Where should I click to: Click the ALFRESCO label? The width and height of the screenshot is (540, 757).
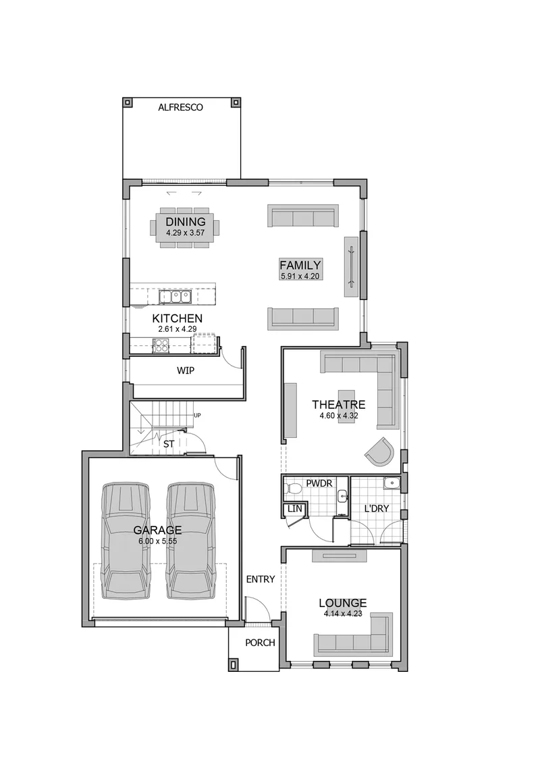181,107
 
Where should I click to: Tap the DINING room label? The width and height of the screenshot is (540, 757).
186,222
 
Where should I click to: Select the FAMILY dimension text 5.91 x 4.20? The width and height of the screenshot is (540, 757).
300,276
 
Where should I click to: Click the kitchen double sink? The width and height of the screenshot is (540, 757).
176,296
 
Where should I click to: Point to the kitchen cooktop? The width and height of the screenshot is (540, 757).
161,345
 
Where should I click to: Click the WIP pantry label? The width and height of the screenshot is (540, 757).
186,371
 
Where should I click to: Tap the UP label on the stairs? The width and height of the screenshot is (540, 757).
196,415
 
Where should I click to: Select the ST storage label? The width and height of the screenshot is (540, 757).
168,443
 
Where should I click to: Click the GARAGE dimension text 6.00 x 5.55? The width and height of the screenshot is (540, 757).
158,541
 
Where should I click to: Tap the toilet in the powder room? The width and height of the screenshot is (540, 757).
292,489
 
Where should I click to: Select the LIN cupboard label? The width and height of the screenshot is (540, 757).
294,509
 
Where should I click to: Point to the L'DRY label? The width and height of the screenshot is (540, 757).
377,508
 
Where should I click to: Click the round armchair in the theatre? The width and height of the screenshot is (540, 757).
381,451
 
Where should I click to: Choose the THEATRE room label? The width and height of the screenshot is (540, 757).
338,405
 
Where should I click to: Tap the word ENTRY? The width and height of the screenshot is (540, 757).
261,579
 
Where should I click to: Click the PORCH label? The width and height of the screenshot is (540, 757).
260,643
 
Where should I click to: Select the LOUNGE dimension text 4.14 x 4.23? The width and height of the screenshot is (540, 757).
343,614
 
